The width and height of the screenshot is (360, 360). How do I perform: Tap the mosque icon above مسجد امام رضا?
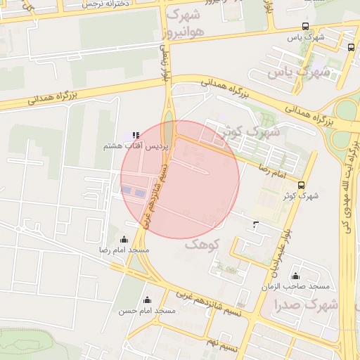click(x=124, y=239)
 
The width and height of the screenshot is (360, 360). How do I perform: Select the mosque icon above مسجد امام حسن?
click(x=147, y=300)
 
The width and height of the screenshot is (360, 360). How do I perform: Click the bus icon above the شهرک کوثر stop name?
click(x=302, y=185)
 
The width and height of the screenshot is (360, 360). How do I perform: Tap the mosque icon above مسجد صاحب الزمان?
click(x=295, y=276)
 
